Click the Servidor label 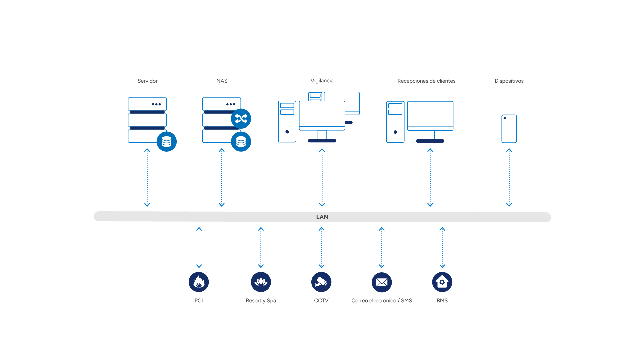(x=147, y=81)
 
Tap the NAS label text (x=222, y=81)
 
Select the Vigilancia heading (x=322, y=81)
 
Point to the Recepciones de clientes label (x=426, y=81)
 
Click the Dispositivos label (x=509, y=81)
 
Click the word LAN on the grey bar (x=322, y=217)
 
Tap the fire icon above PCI (x=199, y=282)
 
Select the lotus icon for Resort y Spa (x=261, y=282)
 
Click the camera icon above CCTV (x=321, y=282)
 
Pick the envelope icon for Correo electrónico (x=382, y=282)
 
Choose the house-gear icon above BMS (x=442, y=282)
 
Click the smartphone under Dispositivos (x=509, y=129)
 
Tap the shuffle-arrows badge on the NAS (x=241, y=119)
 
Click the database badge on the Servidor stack (x=167, y=142)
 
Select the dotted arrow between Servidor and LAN (x=147, y=178)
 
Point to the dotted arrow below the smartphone (x=509, y=178)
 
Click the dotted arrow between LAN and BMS (x=442, y=248)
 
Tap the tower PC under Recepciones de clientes (x=395, y=122)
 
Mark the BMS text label (x=442, y=301)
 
